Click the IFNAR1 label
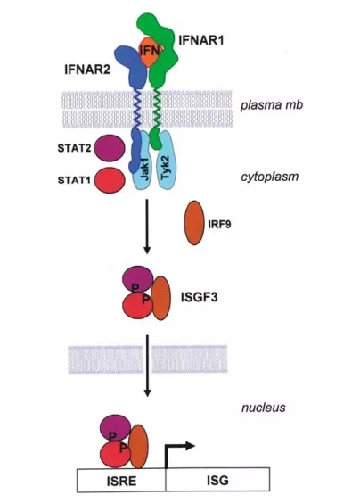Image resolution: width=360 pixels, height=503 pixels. tap(200, 40)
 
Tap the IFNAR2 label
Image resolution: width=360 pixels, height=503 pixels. tap(87, 70)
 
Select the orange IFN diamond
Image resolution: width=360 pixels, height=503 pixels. tap(150, 51)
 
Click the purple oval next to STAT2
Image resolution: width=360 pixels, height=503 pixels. tap(110, 148)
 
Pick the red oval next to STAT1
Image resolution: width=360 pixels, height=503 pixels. tap(110, 180)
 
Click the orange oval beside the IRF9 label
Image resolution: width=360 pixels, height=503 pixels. tap(194, 223)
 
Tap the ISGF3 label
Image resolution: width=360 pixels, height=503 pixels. tap(199, 297)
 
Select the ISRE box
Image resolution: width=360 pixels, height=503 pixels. tap(121, 480)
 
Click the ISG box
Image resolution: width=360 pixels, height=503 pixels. tap(217, 480)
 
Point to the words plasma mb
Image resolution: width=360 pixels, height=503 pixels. tap(272, 105)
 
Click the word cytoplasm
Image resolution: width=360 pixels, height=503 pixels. tap(270, 177)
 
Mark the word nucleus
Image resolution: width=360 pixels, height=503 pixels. tap(263, 408)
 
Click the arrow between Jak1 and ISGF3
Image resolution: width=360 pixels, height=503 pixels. tap(147, 227)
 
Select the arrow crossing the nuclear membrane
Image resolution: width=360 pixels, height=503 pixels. tap(147, 366)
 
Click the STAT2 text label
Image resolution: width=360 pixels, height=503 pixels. tap(74, 148)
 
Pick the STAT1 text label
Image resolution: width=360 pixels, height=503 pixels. tap(74, 180)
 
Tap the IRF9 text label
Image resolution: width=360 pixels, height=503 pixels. tap(219, 224)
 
